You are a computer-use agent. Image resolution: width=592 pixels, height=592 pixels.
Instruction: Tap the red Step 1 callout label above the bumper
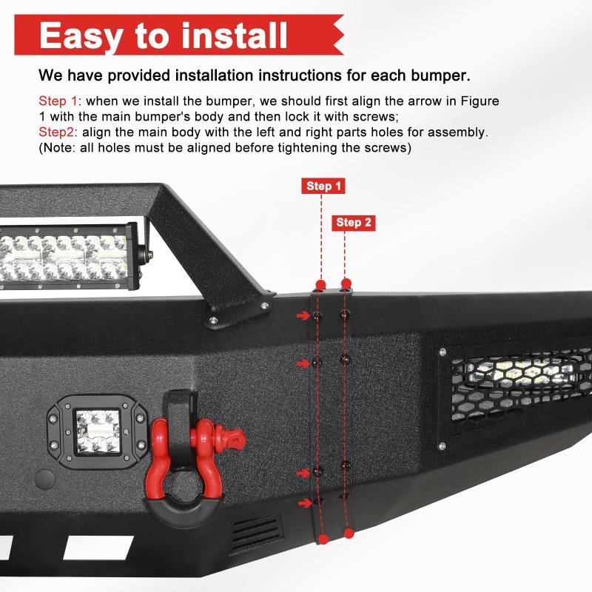(324, 186)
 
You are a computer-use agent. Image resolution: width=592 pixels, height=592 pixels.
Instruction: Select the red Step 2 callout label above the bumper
(354, 222)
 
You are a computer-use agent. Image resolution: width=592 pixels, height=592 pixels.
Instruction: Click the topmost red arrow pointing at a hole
(303, 316)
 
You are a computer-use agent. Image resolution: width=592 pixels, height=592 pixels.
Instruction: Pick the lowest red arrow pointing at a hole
(303, 503)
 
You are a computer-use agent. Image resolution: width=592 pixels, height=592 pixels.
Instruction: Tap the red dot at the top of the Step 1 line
(320, 285)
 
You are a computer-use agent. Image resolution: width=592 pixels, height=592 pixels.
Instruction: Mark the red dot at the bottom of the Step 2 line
(349, 532)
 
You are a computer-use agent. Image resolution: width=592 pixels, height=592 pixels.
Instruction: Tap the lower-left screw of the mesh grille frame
(442, 446)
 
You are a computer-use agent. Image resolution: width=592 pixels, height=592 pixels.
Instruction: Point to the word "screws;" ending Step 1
(378, 116)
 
